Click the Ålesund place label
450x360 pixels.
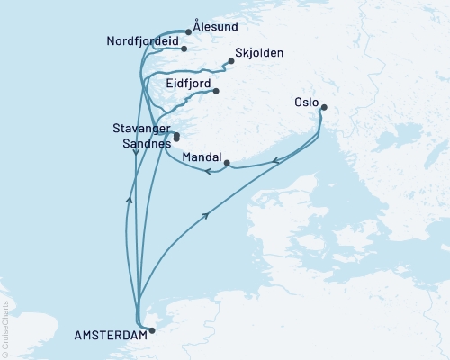point(216,28)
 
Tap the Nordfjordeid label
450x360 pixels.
point(142,42)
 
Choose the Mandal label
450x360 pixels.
point(202,157)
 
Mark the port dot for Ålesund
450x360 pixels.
point(188,31)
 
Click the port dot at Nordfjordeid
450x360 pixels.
point(184,49)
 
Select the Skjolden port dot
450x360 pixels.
point(231,61)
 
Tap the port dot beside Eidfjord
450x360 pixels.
point(216,91)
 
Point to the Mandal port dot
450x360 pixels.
point(227,163)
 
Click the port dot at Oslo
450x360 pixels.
point(324,108)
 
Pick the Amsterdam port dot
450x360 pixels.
point(151,330)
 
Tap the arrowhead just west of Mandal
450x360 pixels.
point(208,171)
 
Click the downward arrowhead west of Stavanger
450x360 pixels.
point(136,152)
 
